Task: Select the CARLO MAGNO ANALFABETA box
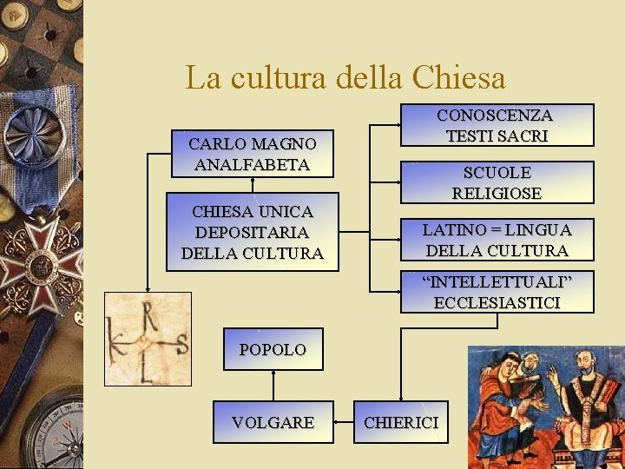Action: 253,154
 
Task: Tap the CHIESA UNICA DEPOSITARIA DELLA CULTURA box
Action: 253,232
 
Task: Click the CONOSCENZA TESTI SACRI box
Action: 497,126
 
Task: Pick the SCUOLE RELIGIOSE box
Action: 497,183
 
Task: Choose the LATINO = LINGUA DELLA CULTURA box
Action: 497,241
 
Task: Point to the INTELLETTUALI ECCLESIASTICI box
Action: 497,292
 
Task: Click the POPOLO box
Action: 273,349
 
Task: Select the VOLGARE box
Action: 273,422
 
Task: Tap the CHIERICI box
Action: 401,422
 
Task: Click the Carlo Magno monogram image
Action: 148,338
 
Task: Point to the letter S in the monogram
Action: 181,343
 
